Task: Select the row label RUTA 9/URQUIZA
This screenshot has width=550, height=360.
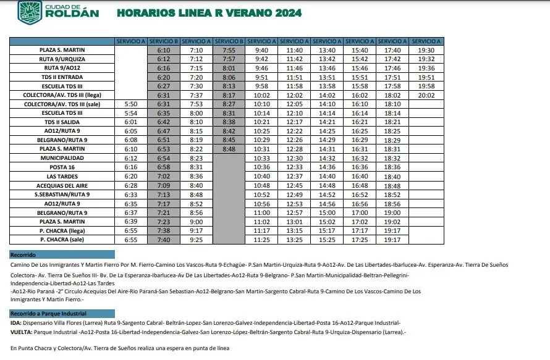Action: click(x=62, y=59)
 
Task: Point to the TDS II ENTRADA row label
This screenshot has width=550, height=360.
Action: click(x=62, y=77)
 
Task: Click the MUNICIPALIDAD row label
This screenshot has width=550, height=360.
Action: click(x=62, y=158)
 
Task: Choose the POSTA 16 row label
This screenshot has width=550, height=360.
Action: click(x=62, y=167)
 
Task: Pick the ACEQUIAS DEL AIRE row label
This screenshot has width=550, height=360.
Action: click(x=62, y=185)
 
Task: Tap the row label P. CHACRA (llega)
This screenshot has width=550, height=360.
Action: click(x=62, y=230)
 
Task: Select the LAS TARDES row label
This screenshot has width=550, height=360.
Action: click(x=62, y=177)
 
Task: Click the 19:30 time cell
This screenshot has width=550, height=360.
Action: click(x=426, y=50)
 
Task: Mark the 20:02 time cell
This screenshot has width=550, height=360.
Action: click(x=426, y=95)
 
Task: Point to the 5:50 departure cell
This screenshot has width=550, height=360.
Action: click(x=131, y=104)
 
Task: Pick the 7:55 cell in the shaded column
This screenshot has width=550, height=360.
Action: click(x=229, y=50)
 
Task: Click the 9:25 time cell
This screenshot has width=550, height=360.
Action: click(x=197, y=240)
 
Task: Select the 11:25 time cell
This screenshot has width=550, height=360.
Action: click(x=261, y=240)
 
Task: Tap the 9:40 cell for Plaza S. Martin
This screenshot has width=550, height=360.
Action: click(x=261, y=50)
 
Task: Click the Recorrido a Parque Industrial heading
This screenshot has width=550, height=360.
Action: click(x=49, y=314)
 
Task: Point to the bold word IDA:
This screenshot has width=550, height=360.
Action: click(x=16, y=323)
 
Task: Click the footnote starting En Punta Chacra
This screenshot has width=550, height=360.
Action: click(x=120, y=348)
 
